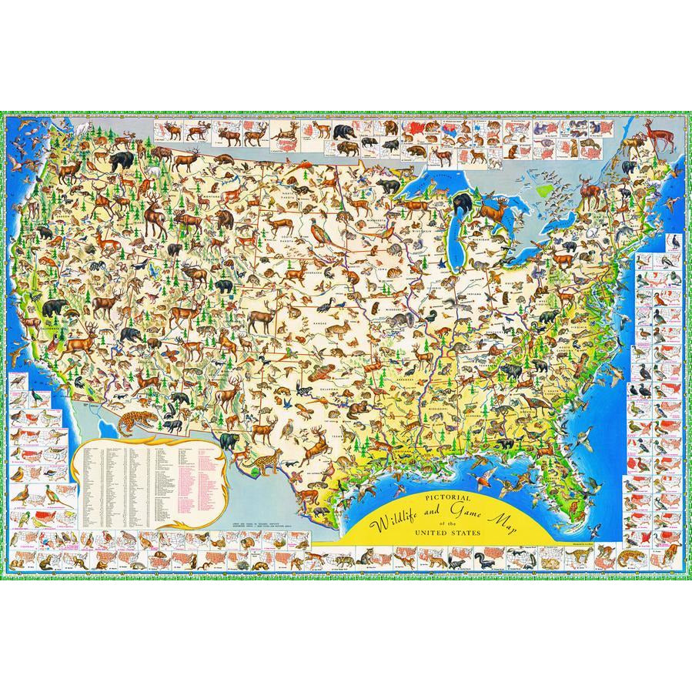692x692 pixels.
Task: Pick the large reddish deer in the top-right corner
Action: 656,139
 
